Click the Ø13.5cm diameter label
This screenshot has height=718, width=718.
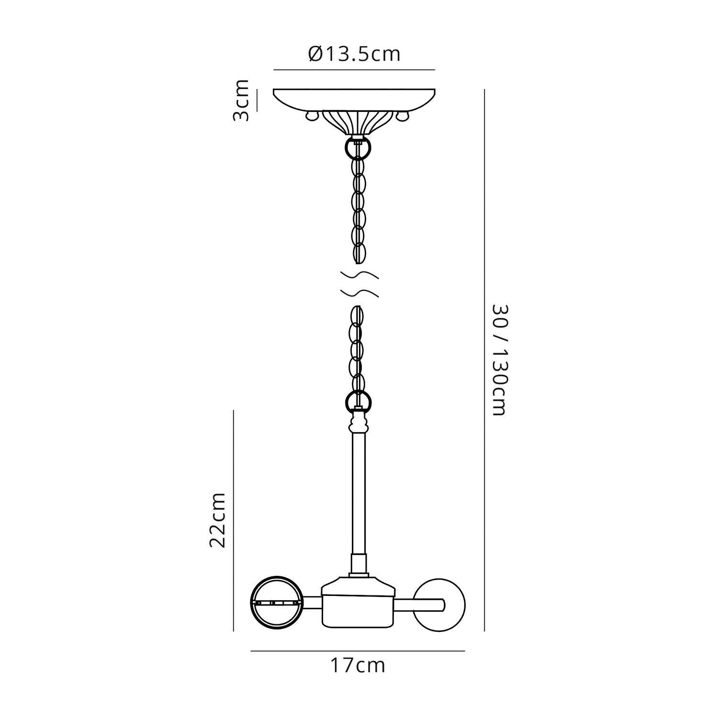point(355,54)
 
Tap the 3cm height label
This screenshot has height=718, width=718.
point(241,101)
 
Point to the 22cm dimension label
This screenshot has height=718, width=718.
point(217,519)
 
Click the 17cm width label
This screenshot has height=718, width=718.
point(358,665)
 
